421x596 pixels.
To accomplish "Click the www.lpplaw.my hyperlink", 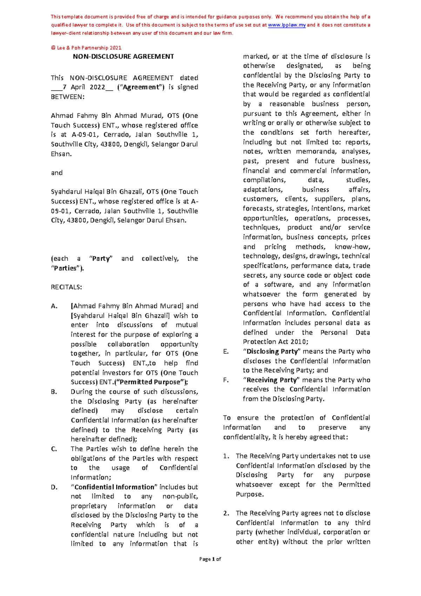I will (287, 25).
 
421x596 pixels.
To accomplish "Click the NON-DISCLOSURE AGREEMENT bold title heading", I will (123, 57).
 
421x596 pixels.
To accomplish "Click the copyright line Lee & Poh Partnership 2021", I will (86, 48).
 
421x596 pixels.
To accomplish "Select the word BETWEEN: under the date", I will (68, 97).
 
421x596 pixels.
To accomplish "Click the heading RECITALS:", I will (66, 287).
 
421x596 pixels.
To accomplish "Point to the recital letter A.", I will (54, 306).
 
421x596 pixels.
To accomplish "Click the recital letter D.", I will (54, 487).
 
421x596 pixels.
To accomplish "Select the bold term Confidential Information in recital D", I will (114, 487).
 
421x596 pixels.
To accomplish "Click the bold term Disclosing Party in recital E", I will (272, 351).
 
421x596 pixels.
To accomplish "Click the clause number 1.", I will (226, 456).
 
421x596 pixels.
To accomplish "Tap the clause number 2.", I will (226, 513).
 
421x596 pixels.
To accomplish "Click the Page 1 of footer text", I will (210, 559).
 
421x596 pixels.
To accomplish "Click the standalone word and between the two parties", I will (56, 173).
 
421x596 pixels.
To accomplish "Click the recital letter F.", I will (226, 380).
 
